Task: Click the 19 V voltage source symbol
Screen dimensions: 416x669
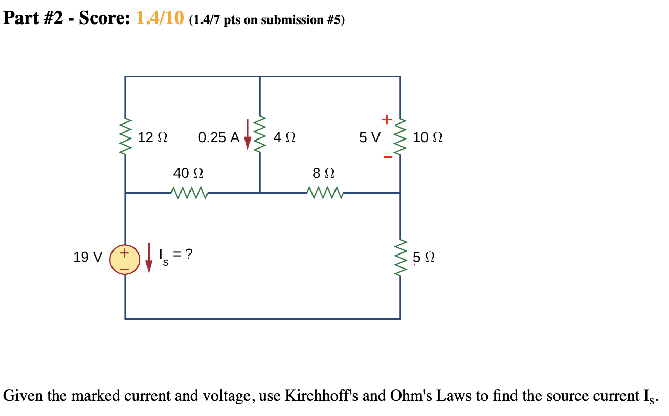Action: tap(125, 258)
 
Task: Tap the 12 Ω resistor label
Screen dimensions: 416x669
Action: tap(153, 137)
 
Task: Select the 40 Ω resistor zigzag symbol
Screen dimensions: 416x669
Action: tap(189, 193)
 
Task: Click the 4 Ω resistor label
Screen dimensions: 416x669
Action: tap(284, 137)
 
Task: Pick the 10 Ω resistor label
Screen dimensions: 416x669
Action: tap(428, 137)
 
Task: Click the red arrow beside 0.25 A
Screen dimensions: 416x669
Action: tap(248, 135)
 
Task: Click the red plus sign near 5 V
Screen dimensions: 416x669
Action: tap(387, 120)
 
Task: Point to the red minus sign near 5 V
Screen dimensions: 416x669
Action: tap(388, 157)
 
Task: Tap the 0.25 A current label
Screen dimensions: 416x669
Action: tap(218, 137)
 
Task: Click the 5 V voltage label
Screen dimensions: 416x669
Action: tap(369, 137)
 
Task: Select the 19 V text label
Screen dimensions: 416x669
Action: tap(87, 257)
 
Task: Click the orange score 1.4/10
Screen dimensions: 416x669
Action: tap(159, 19)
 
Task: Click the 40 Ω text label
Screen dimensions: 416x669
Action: tap(188, 173)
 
